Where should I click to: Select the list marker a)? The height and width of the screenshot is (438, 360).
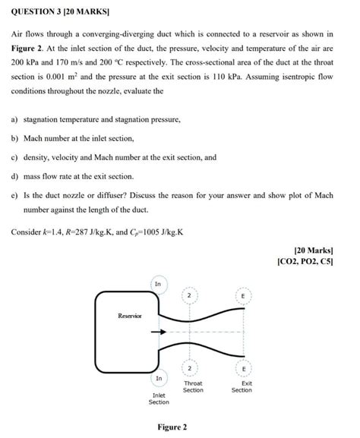(x=14, y=120)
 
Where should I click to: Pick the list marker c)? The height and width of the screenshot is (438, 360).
(x=14, y=158)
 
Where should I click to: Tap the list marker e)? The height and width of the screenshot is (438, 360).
(x=14, y=195)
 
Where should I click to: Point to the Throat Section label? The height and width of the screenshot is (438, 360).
(x=193, y=387)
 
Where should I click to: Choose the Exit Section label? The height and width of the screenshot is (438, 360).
(x=242, y=387)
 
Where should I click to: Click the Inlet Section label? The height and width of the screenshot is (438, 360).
(x=159, y=399)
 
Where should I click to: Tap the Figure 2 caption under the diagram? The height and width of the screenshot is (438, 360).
(x=172, y=427)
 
